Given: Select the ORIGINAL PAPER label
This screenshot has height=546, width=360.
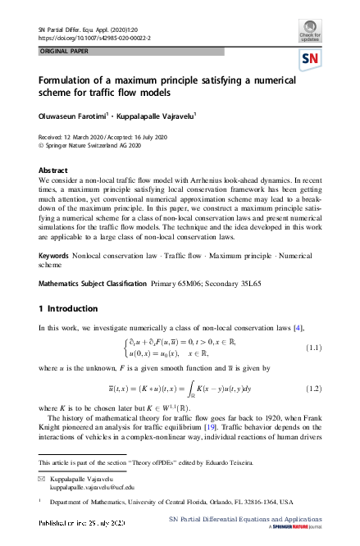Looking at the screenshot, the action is point(62,51).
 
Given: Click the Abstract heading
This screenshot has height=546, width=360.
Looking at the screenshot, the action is point(53,170).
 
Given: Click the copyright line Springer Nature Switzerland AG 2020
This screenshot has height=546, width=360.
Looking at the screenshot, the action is point(94,148).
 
